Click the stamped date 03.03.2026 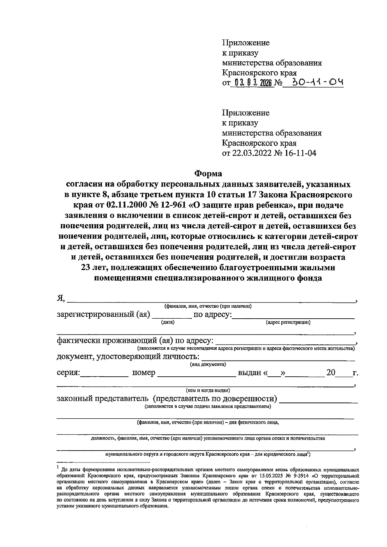[252, 83]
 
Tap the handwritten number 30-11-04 [317, 83]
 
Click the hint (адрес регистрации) [288, 322]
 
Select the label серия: [68, 373]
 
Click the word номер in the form [144, 373]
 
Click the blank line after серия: [104, 376]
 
